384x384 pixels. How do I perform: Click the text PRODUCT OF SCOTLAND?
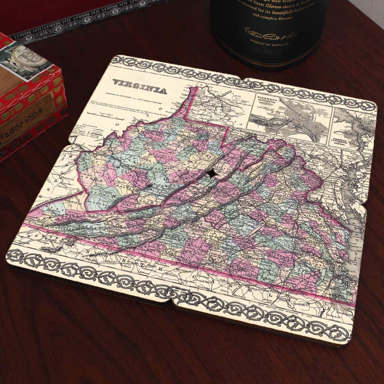pos(272,44)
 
